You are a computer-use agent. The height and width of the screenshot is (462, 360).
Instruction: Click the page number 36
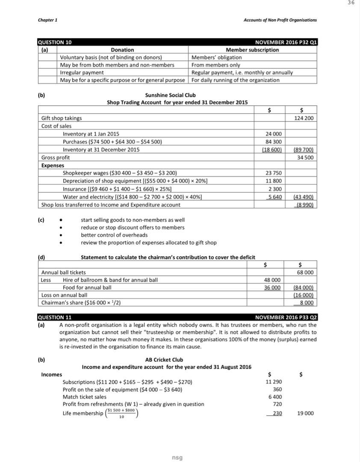coord(351,3)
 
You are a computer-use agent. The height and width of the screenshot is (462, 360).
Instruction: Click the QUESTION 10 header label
coord(55,42)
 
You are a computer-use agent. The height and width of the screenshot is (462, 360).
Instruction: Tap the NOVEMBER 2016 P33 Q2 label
coord(286,317)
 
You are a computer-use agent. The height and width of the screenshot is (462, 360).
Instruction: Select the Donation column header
coord(122,50)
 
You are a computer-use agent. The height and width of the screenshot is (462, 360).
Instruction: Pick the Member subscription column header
coord(252,50)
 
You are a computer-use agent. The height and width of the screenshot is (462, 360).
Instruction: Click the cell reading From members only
coord(216,65)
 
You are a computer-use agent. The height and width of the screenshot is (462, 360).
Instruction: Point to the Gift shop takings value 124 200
coord(304,118)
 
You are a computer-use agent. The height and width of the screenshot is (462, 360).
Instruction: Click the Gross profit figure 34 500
coord(305,157)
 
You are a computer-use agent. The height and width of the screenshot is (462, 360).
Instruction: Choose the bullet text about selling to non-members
coord(133,220)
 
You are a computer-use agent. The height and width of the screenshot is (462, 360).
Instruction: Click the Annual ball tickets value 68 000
coord(305,272)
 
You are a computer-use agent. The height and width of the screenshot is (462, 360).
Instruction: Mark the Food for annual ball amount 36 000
coord(273,287)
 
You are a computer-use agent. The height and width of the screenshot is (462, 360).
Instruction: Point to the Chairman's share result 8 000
coord(306,303)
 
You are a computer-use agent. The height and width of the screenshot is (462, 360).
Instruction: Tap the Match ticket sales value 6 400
coord(275,397)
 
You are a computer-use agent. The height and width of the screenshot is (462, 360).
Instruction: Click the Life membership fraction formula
coord(121,413)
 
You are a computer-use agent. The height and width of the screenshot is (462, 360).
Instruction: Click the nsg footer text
coord(177,458)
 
